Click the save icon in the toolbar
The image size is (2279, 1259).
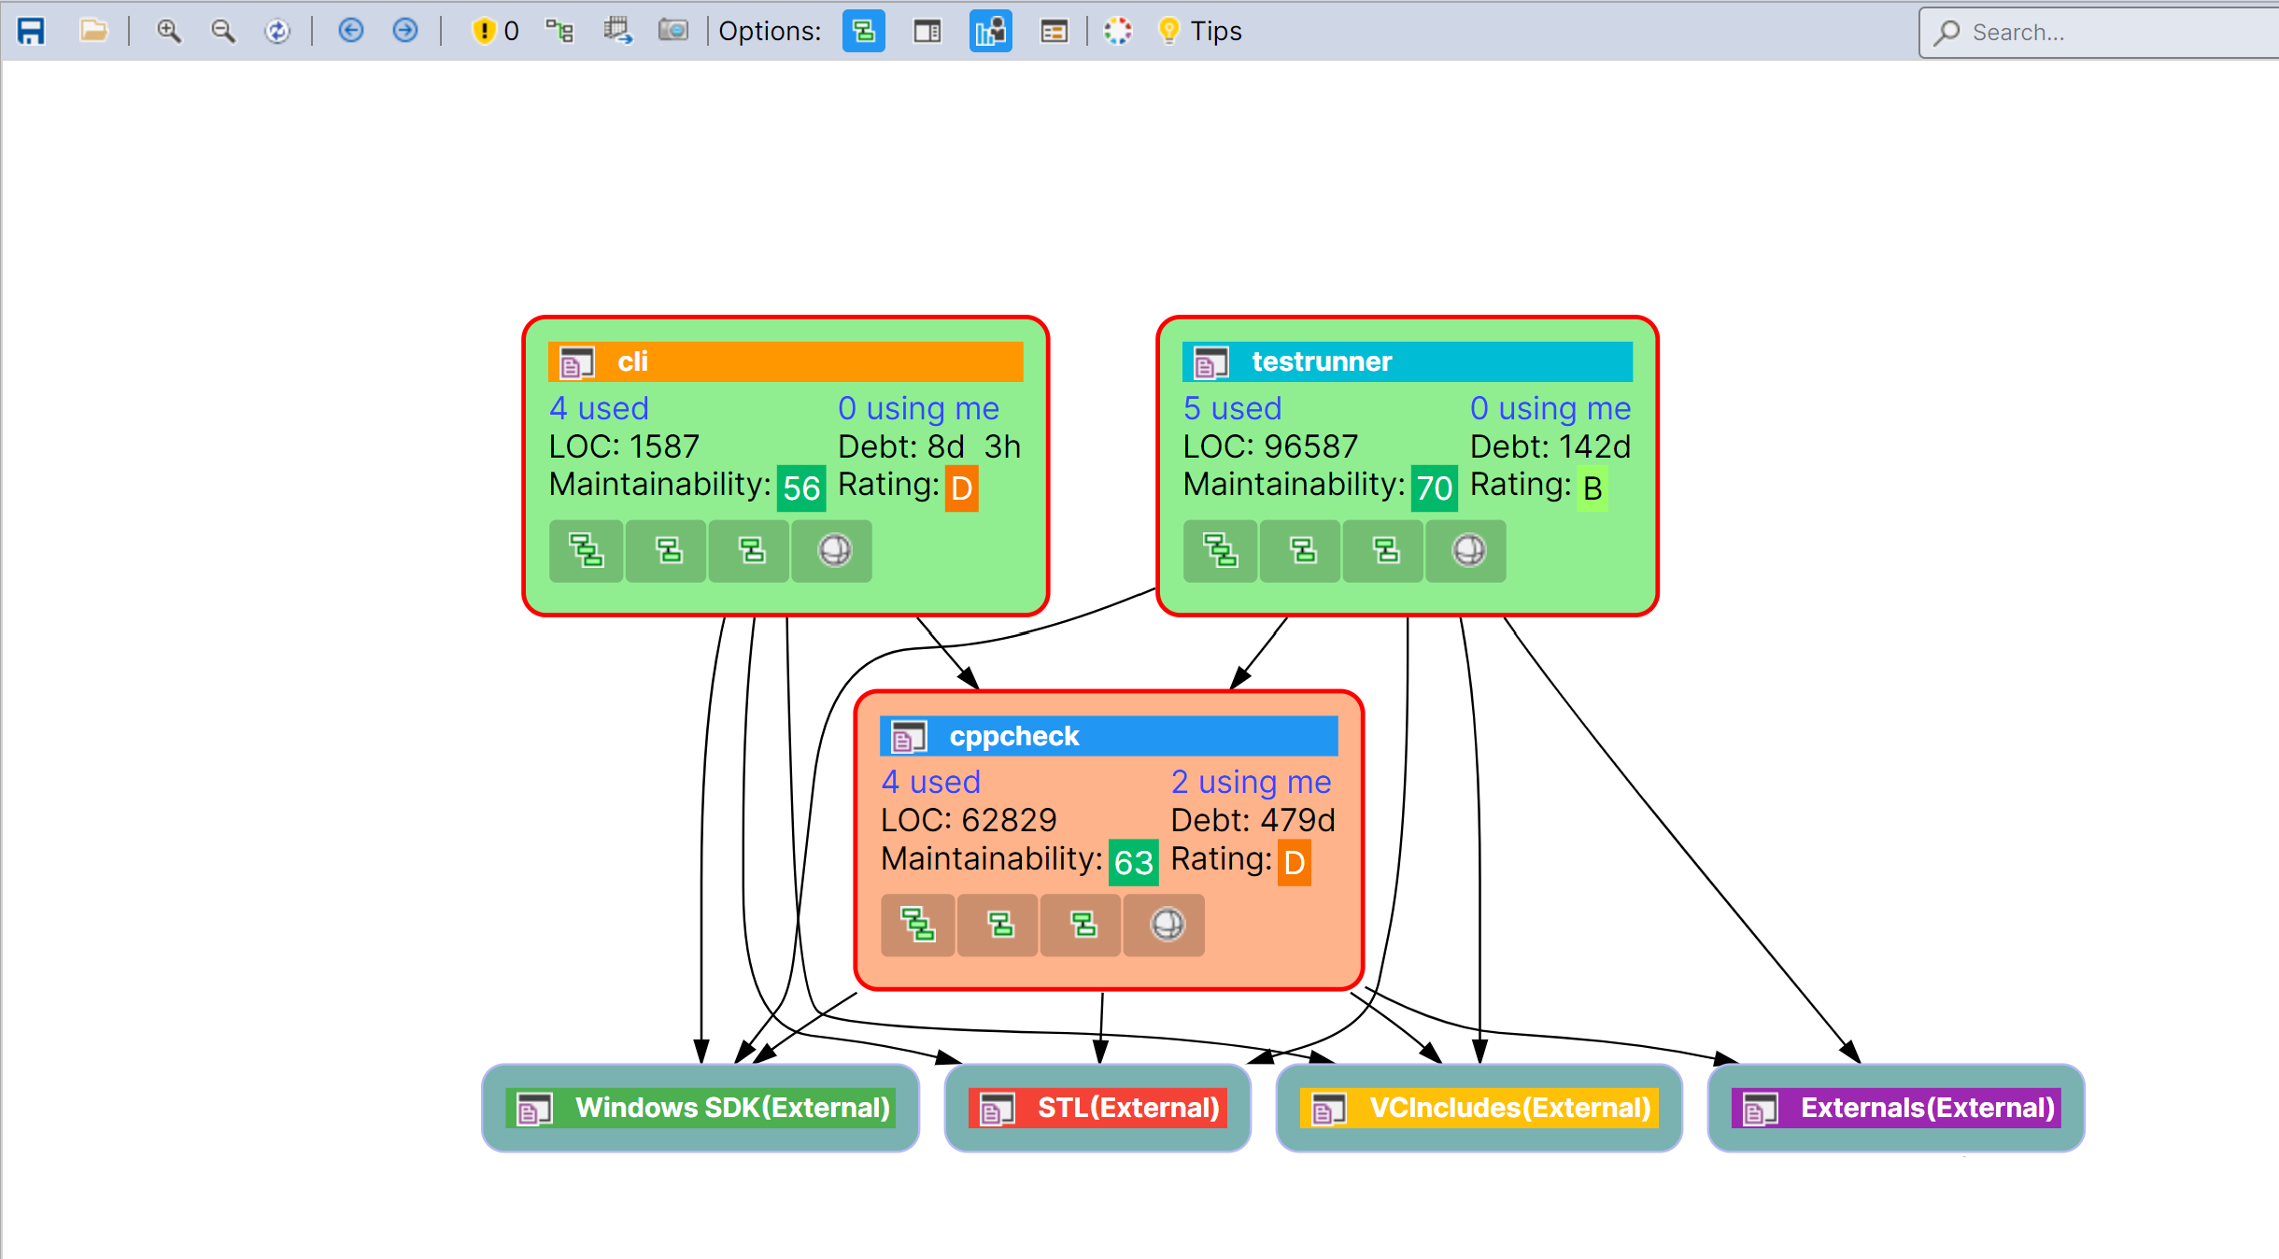coord(32,32)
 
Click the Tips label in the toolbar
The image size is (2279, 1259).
coord(1215,32)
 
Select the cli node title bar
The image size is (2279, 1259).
coord(786,361)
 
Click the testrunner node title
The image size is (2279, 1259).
coord(1321,361)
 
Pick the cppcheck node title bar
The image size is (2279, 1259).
coord(1108,736)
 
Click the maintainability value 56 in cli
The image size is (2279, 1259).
coord(801,488)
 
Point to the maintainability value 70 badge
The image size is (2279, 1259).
coord(1434,488)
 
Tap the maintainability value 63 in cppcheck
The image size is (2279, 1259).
coord(1134,862)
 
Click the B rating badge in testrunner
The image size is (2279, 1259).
coord(1592,488)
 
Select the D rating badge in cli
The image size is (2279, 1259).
coord(962,488)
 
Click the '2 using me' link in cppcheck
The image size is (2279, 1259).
coord(1251,782)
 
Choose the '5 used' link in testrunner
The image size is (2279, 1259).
coord(1232,408)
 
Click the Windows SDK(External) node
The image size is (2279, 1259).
coord(701,1108)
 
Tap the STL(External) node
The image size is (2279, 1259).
coord(1097,1108)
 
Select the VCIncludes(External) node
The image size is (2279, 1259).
coord(1479,1108)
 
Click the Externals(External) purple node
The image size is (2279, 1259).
coord(1896,1108)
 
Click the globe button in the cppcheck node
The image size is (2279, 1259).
coord(1167,925)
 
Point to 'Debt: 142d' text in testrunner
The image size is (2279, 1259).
coord(1550,446)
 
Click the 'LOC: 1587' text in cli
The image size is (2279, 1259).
coord(624,446)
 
